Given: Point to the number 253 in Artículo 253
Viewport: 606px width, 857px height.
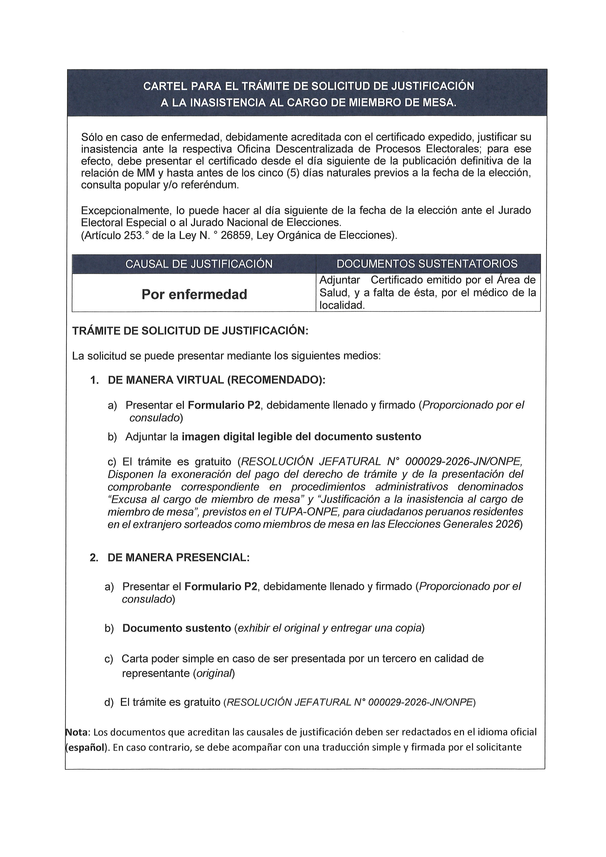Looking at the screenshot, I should [134, 236].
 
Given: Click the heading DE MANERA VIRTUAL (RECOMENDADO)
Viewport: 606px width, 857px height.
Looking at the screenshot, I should [216, 380].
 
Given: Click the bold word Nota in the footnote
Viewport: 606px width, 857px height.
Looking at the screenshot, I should [78, 732].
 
